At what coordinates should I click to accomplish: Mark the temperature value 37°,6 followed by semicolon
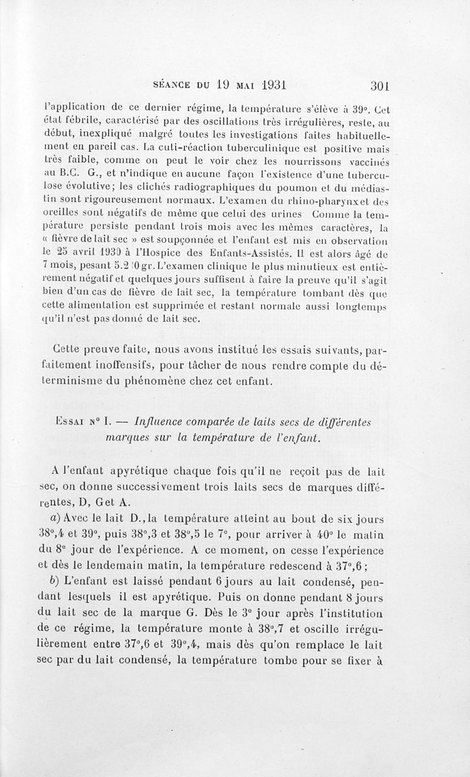[361, 569]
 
